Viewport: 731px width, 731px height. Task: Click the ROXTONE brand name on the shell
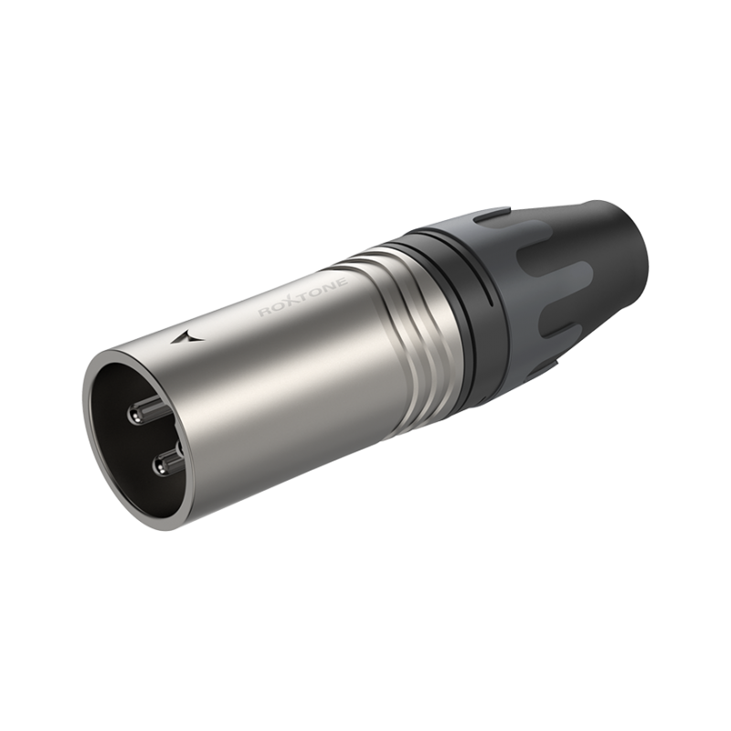click(303, 297)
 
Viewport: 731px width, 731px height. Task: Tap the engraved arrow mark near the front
click(188, 337)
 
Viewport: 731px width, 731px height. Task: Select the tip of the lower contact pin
click(162, 465)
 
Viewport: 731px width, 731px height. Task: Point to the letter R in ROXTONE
click(265, 312)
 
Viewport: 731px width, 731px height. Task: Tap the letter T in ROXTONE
click(305, 296)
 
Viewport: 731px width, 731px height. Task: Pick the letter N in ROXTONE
click(330, 286)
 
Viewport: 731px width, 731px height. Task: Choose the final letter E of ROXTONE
click(342, 282)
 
